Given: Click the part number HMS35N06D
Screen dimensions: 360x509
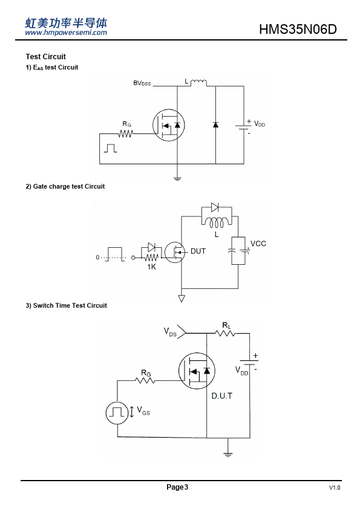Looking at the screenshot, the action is (298, 29).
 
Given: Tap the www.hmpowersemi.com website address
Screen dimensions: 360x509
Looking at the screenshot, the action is (66, 33).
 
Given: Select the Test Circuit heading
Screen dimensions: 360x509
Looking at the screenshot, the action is (46, 56).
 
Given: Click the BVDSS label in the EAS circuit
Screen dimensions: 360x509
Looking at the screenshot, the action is (142, 83).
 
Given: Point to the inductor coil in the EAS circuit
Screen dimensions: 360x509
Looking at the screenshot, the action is (198, 82).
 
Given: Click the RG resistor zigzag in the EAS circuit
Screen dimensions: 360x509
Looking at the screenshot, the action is (126, 134).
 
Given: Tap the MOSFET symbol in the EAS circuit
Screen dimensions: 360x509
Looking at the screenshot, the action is (169, 125).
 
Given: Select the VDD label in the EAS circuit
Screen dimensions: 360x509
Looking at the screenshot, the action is (260, 124).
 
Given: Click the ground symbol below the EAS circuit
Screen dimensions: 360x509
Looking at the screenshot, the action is (177, 178).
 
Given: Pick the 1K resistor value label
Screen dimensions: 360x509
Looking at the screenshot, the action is (151, 267).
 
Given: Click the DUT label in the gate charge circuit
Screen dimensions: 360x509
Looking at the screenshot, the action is (198, 251).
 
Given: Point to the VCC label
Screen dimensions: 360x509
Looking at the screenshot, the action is (258, 244).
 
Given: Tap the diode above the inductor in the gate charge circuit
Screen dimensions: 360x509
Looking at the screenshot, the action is (215, 207).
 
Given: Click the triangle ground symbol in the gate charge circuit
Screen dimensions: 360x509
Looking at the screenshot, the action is (182, 298).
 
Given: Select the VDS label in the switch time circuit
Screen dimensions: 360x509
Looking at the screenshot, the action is (170, 332).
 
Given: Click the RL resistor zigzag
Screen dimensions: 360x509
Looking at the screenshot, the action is (225, 333).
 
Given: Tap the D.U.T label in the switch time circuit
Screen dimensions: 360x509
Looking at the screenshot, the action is (222, 396).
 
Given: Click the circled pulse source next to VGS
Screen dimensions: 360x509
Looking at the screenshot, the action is (117, 413).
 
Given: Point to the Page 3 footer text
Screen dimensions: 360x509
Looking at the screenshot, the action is (177, 487).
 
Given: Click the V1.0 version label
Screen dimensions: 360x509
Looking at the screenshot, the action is (335, 488).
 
